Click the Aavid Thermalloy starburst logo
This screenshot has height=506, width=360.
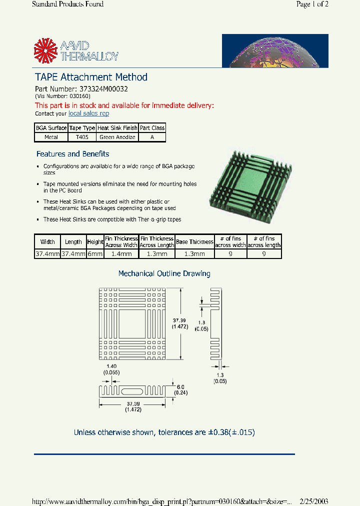point(45,51)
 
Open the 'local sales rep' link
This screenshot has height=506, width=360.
point(88,113)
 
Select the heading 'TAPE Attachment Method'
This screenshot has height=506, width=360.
point(91,77)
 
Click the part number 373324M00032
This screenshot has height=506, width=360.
point(104,89)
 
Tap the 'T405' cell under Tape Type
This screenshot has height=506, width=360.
point(82,137)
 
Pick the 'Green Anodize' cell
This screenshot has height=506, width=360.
point(117,137)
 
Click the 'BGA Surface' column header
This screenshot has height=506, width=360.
point(51,128)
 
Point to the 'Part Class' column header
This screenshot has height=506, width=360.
point(152,128)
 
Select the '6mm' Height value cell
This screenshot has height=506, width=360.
point(95,254)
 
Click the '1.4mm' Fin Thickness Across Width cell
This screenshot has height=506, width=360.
point(121,254)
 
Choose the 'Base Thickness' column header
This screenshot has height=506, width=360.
point(194,242)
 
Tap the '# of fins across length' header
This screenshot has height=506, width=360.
point(263,242)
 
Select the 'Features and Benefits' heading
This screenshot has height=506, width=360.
point(72,154)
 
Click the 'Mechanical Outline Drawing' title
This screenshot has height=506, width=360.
point(164,273)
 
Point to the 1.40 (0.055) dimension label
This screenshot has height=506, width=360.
point(111,369)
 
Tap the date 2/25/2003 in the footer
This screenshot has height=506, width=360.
point(313,501)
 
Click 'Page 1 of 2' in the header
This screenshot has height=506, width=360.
point(312,4)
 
